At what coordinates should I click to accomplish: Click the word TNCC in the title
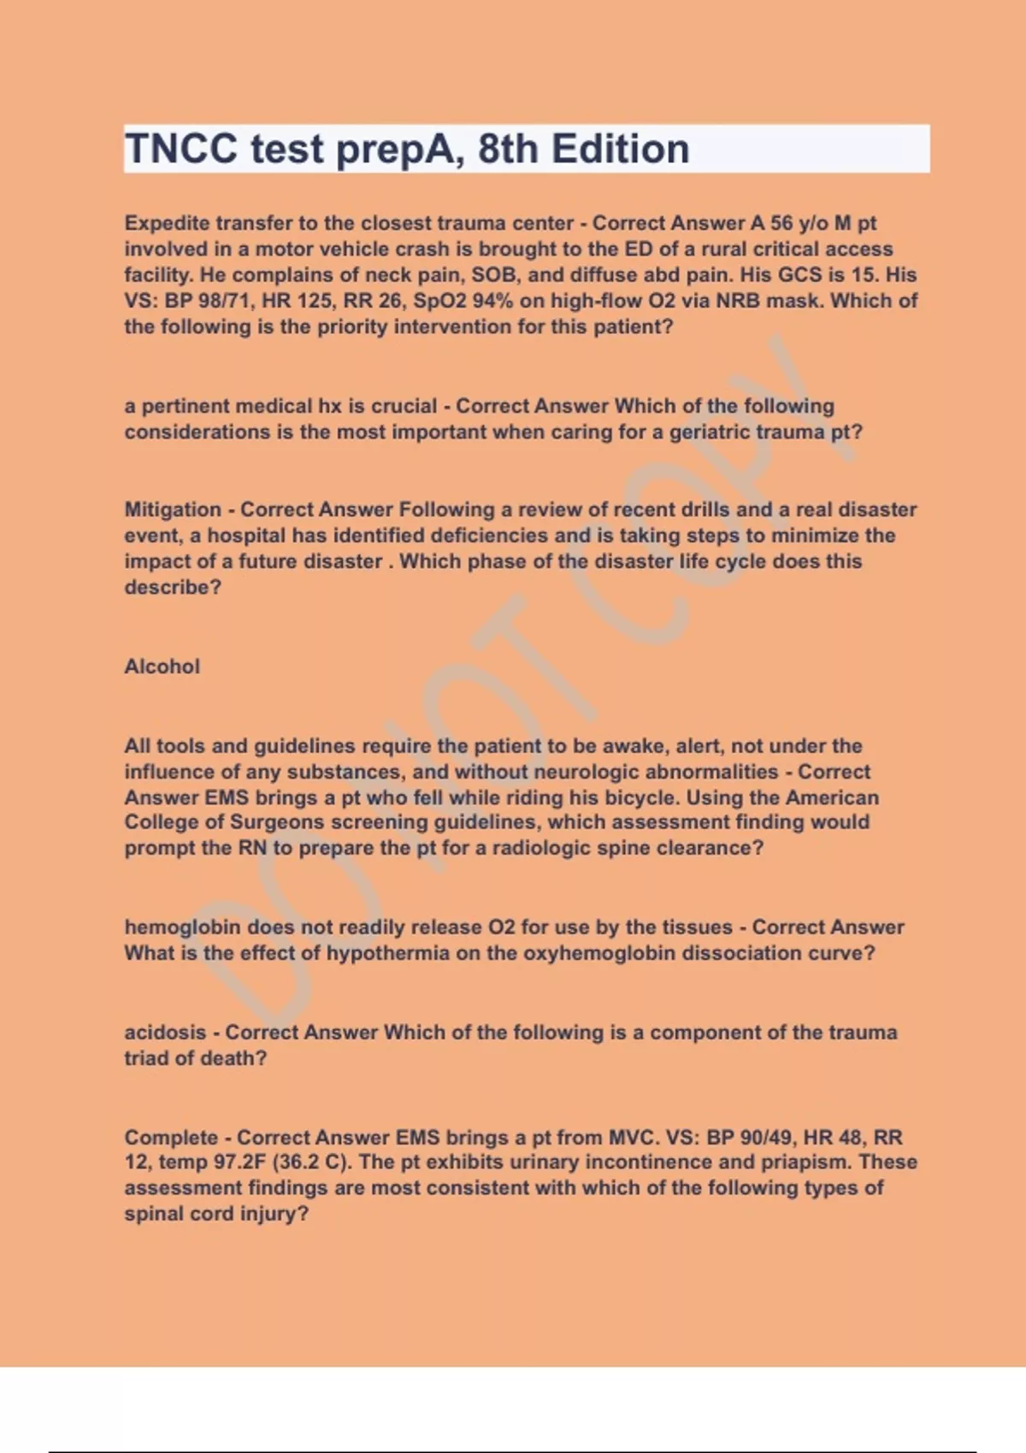pyautogui.click(x=181, y=150)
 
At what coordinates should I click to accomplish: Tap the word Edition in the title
pyautogui.click(x=620, y=150)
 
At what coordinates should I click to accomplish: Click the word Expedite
pyautogui.click(x=167, y=223)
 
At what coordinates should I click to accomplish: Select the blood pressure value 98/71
pyautogui.click(x=222, y=301)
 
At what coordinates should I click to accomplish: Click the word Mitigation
pyautogui.click(x=173, y=509)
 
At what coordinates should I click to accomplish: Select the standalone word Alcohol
pyautogui.click(x=162, y=667)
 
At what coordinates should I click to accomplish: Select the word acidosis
pyautogui.click(x=165, y=1032)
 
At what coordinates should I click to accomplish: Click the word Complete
pyautogui.click(x=171, y=1138)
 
